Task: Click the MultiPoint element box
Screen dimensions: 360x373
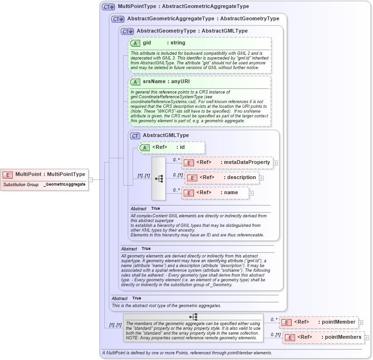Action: coord(45,174)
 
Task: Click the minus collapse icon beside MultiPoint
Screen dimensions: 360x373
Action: coord(91,180)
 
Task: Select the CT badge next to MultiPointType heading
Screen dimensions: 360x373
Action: coord(109,7)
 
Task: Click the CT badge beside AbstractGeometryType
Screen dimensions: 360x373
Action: coord(127,31)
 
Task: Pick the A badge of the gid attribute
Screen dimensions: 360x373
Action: coord(136,43)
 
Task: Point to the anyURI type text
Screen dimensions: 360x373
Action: coord(180,82)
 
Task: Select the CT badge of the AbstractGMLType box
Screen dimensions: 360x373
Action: coord(135,136)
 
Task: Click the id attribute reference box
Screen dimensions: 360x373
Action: coord(172,147)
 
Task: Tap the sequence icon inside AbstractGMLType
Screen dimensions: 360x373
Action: coord(159,178)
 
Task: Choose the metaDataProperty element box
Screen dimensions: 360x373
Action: coord(227,163)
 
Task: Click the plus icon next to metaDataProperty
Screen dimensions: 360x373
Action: coord(276,163)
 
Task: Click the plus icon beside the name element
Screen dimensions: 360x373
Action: coord(252,193)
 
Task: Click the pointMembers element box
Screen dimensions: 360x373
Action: coord(323,337)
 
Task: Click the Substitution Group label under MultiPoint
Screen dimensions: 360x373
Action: coord(21,184)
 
